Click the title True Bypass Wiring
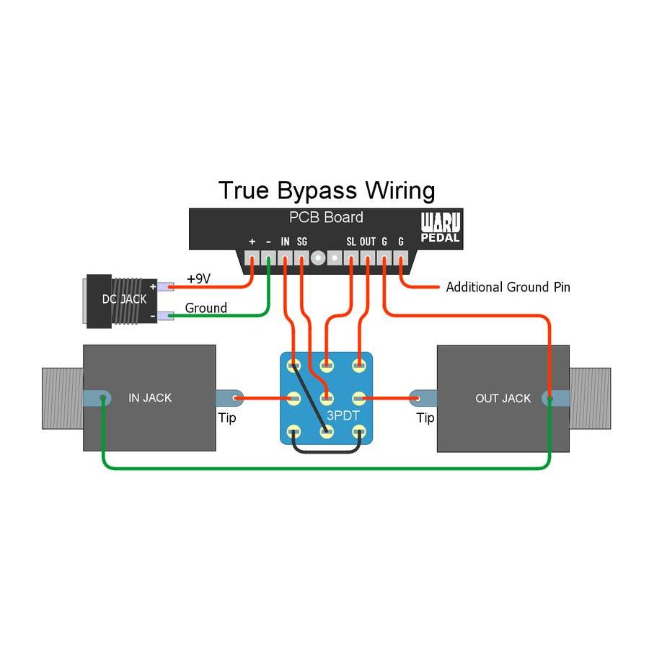(327, 190)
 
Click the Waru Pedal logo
(441, 227)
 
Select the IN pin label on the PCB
(285, 242)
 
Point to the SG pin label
(301, 242)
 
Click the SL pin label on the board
(350, 242)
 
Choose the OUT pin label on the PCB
(368, 242)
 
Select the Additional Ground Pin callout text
(508, 287)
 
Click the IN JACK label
(150, 397)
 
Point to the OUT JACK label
(503, 397)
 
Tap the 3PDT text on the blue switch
(344, 415)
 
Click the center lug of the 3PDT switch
(327, 397)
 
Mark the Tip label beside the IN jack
(226, 418)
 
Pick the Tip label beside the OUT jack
(425, 418)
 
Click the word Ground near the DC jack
(206, 308)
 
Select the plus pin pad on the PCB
(252, 257)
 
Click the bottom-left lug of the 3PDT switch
(294, 432)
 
